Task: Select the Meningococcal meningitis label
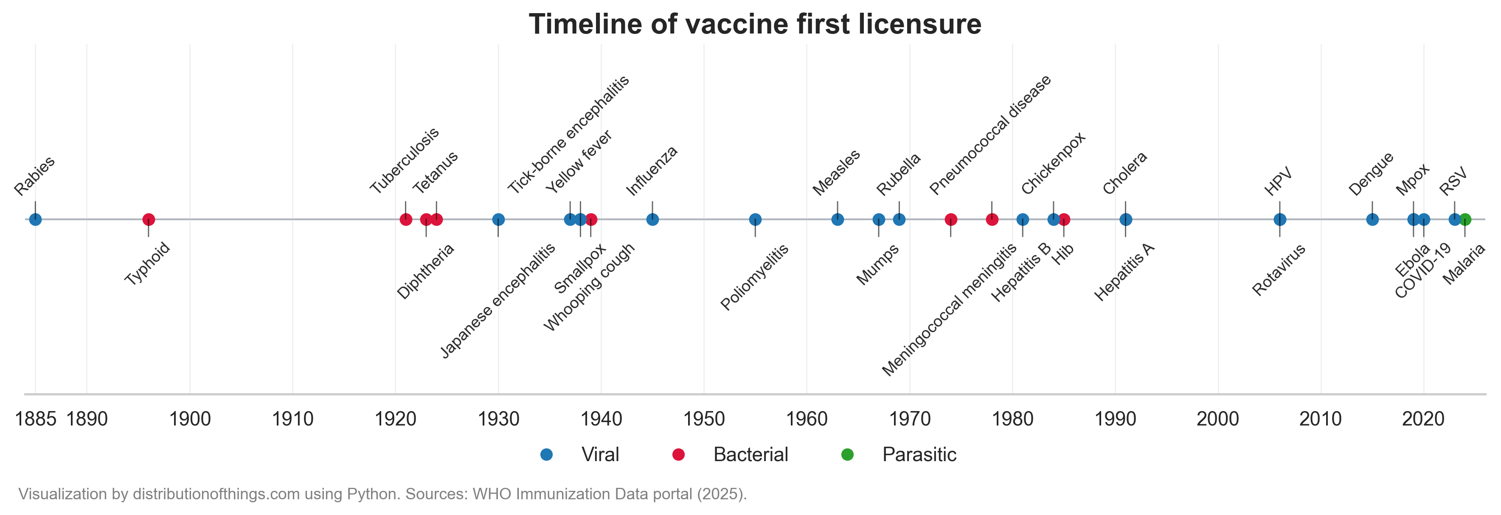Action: (949, 309)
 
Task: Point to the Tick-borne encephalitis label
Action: (568, 135)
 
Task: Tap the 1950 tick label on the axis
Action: (704, 419)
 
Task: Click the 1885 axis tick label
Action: (36, 419)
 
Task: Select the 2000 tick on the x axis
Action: (1218, 419)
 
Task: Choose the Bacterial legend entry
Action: (750, 454)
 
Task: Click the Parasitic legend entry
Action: (919, 454)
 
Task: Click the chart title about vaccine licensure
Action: (755, 25)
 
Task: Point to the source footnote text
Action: (382, 494)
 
